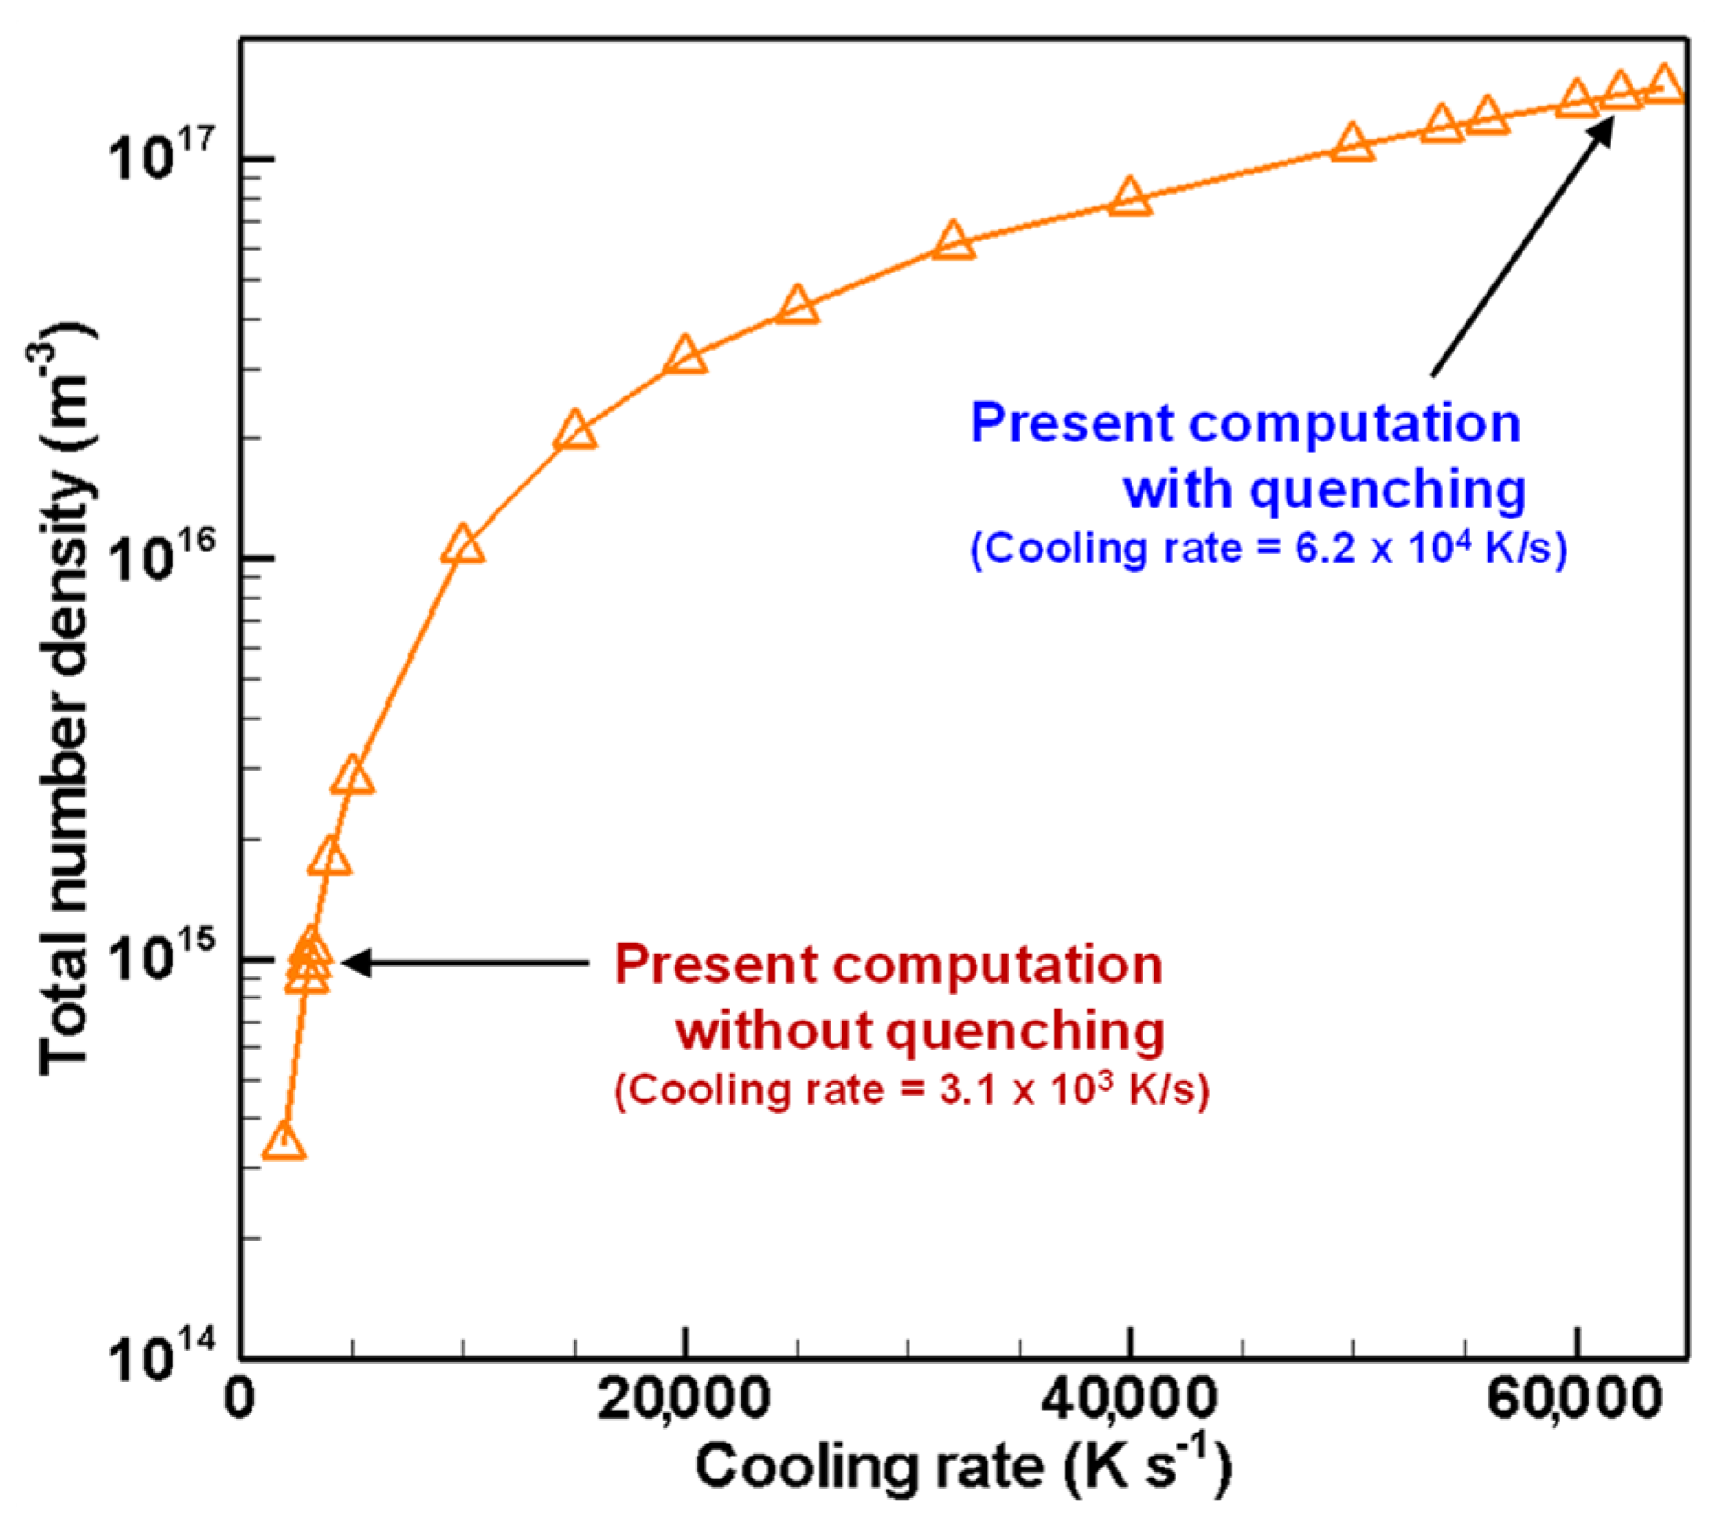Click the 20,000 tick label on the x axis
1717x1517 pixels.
click(684, 1400)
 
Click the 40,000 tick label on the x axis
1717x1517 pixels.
click(1130, 1400)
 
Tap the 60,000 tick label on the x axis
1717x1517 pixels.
click(1575, 1400)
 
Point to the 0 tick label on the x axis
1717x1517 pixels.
click(240, 1400)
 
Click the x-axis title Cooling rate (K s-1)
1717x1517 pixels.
click(962, 1465)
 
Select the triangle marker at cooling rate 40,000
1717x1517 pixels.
click(1130, 198)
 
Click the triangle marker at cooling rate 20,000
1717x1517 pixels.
click(685, 356)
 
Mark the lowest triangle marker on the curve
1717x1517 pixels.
click(284, 1143)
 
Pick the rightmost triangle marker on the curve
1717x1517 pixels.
click(1664, 85)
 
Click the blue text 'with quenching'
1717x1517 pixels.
click(1324, 488)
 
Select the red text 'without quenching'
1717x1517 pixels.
click(920, 1030)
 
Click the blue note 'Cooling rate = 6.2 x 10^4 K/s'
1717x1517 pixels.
click(1268, 549)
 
